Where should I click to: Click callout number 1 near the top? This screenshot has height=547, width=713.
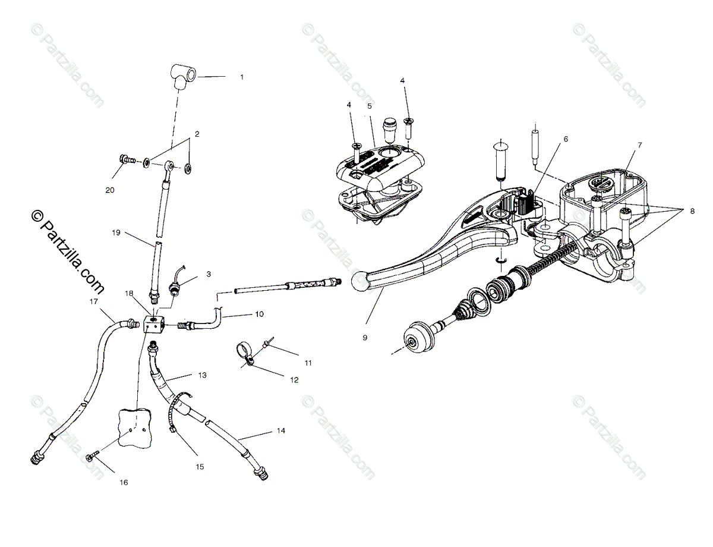pyautogui.click(x=242, y=77)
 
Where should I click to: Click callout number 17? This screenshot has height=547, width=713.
pyautogui.click(x=93, y=301)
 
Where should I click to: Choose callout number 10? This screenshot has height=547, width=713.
pyautogui.click(x=259, y=313)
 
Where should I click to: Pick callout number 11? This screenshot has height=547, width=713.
pyautogui.click(x=292, y=362)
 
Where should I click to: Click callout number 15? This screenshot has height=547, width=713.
pyautogui.click(x=200, y=467)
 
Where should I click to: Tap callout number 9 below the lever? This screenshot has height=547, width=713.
pyautogui.click(x=365, y=338)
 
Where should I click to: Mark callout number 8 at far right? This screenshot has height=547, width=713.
pyautogui.click(x=692, y=210)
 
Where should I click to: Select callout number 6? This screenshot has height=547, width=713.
pyautogui.click(x=565, y=139)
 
